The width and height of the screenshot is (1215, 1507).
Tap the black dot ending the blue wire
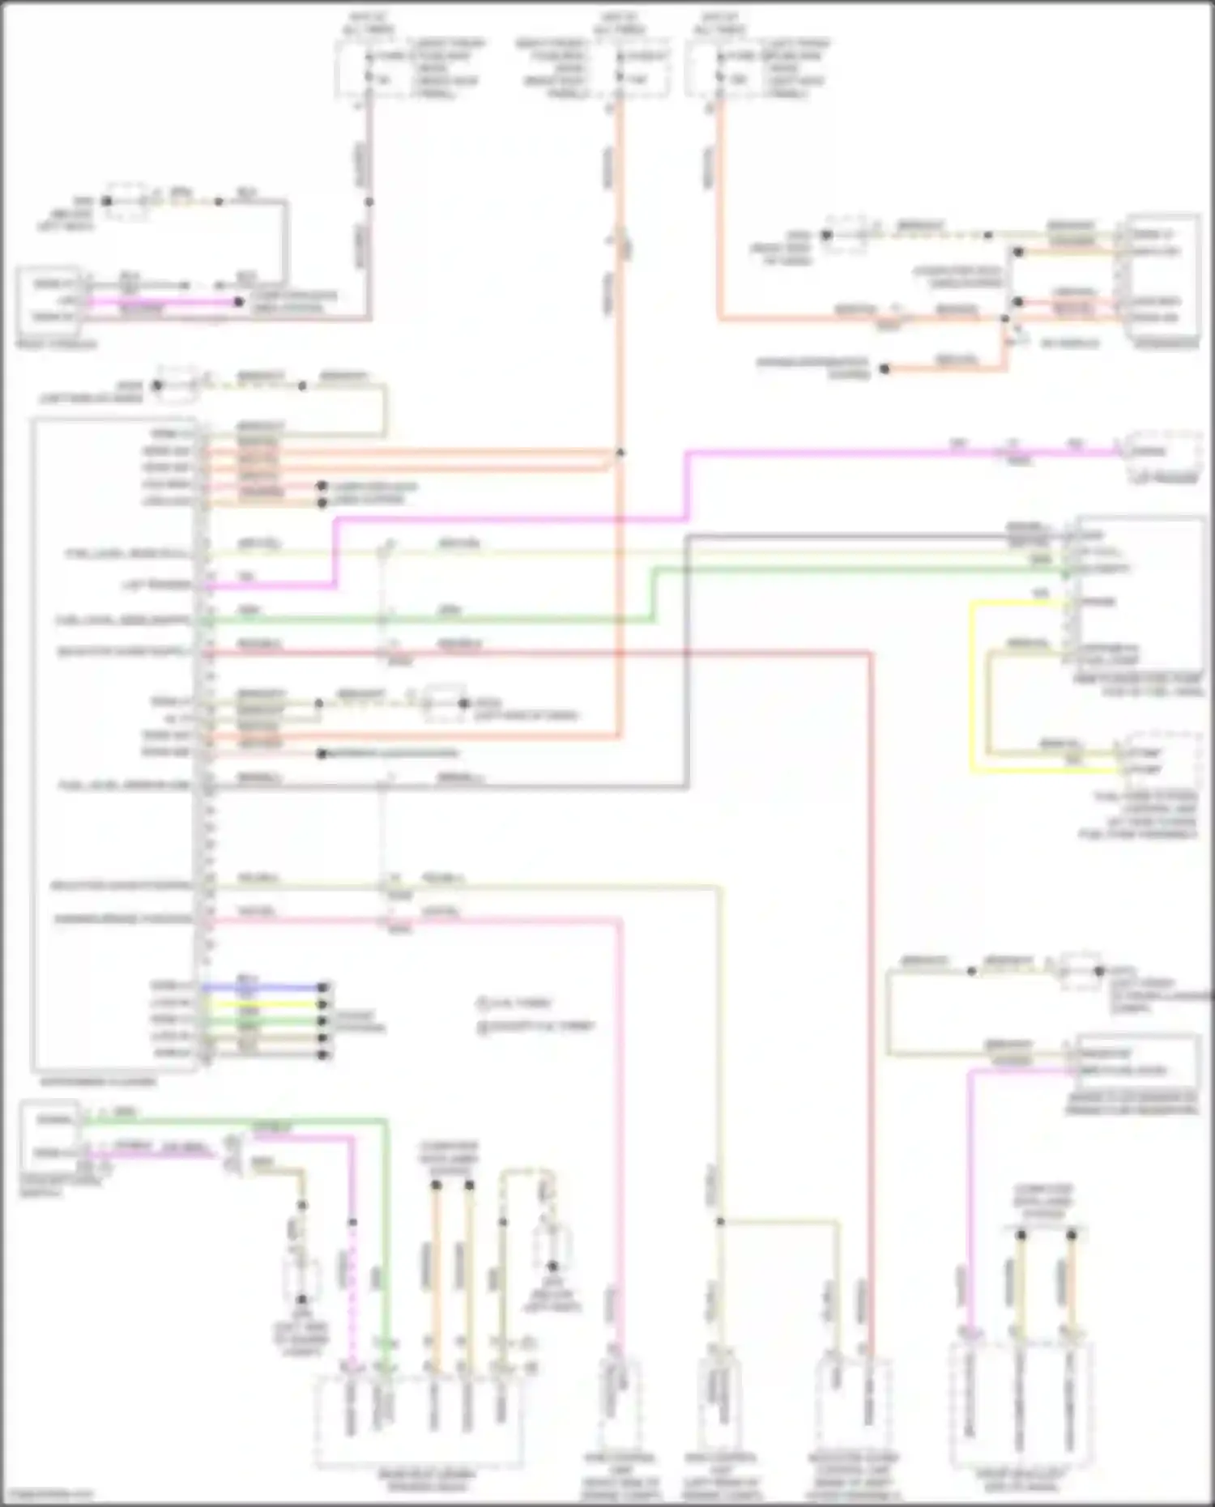click(322, 987)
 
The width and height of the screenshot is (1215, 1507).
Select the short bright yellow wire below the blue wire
click(267, 1004)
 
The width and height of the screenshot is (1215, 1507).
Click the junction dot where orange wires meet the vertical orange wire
click(620, 453)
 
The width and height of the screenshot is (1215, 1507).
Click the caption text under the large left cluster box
click(97, 1081)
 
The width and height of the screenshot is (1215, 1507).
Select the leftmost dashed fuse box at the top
click(369, 69)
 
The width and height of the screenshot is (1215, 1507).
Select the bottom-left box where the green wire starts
click(49, 1135)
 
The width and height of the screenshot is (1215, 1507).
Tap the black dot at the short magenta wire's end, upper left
click(239, 302)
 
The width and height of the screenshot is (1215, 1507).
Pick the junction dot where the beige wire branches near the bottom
click(719, 1222)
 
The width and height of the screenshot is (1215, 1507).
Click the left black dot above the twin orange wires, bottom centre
click(436, 1185)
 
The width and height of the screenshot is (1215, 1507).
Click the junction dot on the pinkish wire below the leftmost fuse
click(369, 202)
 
